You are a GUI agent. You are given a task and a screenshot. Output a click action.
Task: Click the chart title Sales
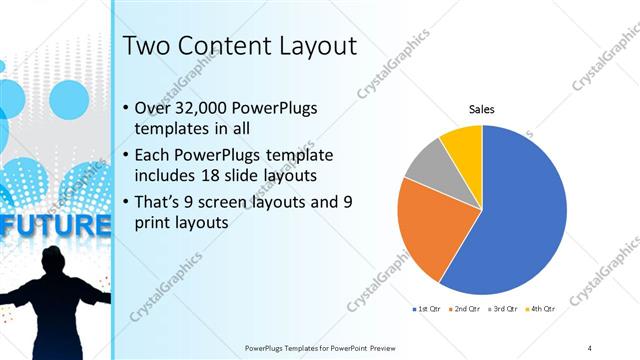click(x=482, y=110)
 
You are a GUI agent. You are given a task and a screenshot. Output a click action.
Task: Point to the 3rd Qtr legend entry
click(x=503, y=311)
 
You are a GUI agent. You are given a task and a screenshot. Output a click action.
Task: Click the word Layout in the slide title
click(x=314, y=46)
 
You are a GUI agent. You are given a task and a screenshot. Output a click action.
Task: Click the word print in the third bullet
click(x=152, y=224)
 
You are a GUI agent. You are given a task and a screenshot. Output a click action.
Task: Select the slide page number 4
click(x=590, y=347)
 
